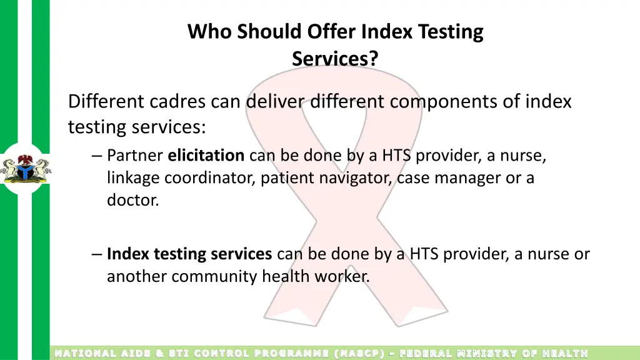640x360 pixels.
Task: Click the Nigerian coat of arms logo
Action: [x=26, y=169]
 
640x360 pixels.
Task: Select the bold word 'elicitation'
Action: [x=206, y=155]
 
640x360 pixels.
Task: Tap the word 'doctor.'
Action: [x=133, y=201]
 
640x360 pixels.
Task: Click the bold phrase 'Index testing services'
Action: [x=189, y=254]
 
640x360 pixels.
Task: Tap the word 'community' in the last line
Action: [x=214, y=276]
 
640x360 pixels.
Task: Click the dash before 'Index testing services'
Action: [x=96, y=254]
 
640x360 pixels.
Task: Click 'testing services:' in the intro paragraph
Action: [x=137, y=127]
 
